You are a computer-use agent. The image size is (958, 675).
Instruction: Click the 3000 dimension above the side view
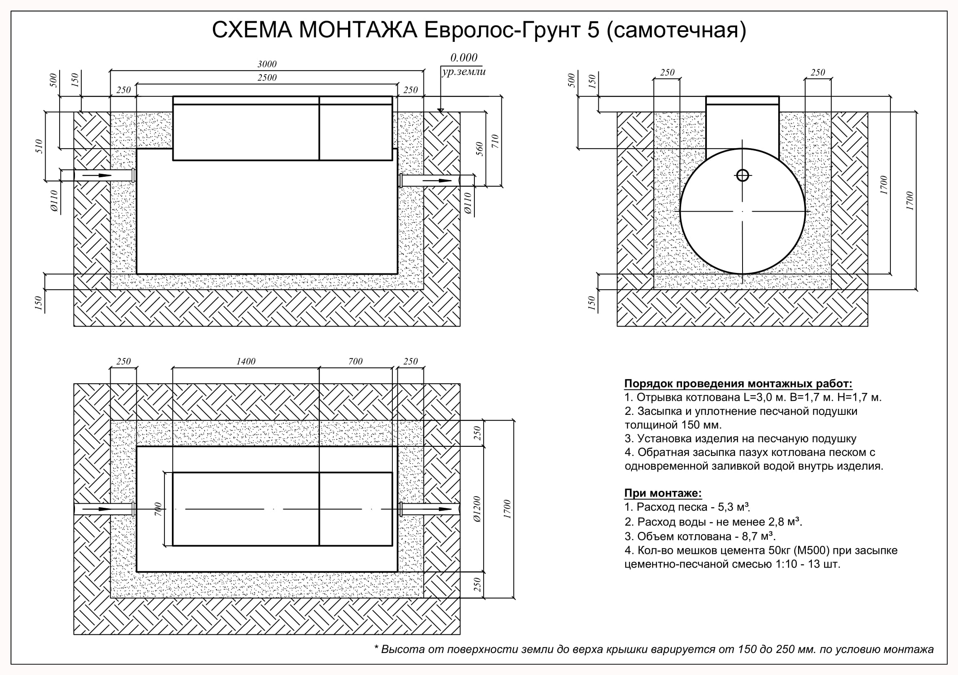(x=266, y=64)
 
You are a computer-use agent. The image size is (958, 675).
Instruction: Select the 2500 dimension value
(x=266, y=78)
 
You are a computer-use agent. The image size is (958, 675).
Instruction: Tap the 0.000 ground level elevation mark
(x=464, y=57)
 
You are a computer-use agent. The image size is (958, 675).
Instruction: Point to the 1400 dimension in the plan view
(x=246, y=361)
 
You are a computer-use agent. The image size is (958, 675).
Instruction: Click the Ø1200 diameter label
(x=477, y=509)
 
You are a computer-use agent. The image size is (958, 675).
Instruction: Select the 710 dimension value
(x=495, y=141)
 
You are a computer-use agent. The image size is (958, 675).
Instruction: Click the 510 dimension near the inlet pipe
(x=39, y=146)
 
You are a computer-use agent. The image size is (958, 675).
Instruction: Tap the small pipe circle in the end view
(x=742, y=175)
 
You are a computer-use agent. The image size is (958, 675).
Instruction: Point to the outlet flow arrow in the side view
(x=438, y=181)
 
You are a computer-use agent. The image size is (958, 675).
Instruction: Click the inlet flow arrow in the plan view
(x=97, y=509)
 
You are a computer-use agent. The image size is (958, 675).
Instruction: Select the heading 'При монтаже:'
(x=663, y=493)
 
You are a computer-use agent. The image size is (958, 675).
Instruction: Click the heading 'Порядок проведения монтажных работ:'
(x=738, y=384)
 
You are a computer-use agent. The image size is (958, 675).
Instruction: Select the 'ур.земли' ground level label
(x=464, y=72)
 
